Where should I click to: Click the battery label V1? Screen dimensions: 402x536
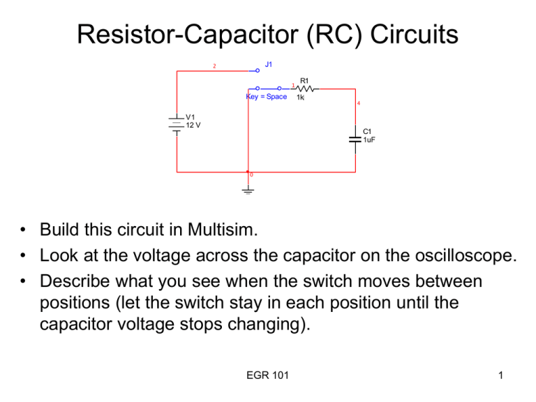click(x=191, y=117)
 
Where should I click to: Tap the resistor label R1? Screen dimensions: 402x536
click(x=304, y=81)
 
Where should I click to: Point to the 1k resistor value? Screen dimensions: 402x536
click(x=300, y=97)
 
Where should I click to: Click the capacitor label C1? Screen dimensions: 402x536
click(x=367, y=131)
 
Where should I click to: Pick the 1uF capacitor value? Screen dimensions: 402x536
click(x=369, y=139)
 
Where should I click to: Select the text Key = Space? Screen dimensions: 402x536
click(x=267, y=97)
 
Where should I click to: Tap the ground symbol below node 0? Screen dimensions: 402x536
click(x=248, y=189)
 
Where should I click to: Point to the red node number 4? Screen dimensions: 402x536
click(x=358, y=104)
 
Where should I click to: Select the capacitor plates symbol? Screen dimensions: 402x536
click(x=355, y=138)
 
